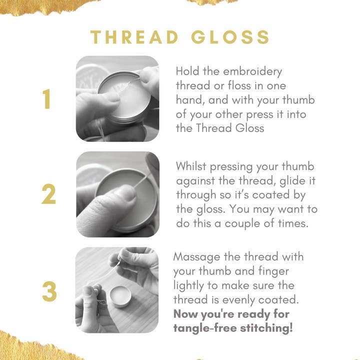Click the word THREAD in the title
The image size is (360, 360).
pyautogui.click(x=134, y=37)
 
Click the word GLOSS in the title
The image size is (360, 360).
pyautogui.click(x=230, y=37)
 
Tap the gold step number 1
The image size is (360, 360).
pyautogui.click(x=47, y=99)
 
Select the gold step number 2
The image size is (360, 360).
pyautogui.click(x=48, y=194)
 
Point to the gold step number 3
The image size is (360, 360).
pyautogui.click(x=49, y=291)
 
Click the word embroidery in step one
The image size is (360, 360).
pyautogui.click(x=252, y=71)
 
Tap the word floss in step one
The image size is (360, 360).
pyautogui.click(x=239, y=85)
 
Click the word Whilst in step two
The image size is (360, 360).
pyautogui.click(x=191, y=166)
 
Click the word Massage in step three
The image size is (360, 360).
pyautogui.click(x=197, y=257)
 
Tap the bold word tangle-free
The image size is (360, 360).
pyautogui.click(x=205, y=328)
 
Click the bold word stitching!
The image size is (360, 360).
pyautogui.click(x=266, y=328)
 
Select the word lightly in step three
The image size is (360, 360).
pyautogui.click(x=189, y=286)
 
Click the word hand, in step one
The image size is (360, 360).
pyautogui.click(x=190, y=100)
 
